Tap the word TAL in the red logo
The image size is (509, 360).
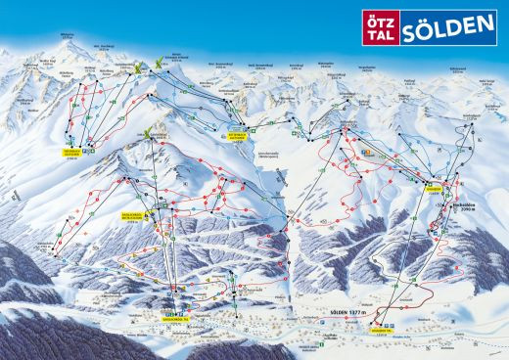pos(377,29)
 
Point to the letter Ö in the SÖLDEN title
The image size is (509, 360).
pos(423,22)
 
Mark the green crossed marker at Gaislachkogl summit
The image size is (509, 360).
pos(149,133)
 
